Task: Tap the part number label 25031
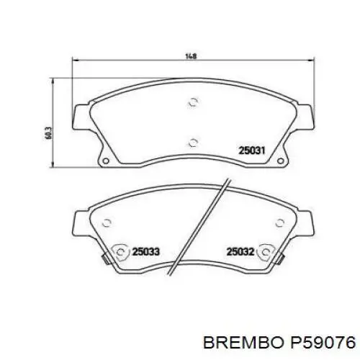click(x=252, y=151)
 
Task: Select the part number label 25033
click(x=145, y=251)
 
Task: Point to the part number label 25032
click(x=239, y=251)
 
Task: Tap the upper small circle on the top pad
click(x=191, y=103)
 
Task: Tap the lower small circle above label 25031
click(x=191, y=142)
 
